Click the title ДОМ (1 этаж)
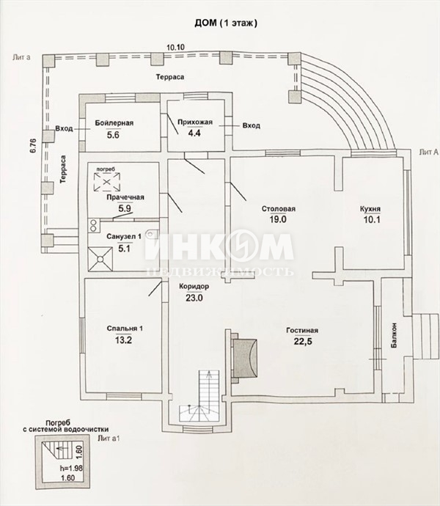[226, 23]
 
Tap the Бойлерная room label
[114, 122]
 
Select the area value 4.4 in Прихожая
[194, 133]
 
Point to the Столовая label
[278, 209]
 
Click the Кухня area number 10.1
[372, 220]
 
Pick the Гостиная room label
[302, 331]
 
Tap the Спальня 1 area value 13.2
[123, 340]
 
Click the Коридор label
[194, 286]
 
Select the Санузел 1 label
[124, 237]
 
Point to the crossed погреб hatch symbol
[107, 182]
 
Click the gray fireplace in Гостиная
[245, 357]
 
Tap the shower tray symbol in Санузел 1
[100, 259]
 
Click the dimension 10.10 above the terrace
[175, 47]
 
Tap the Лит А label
[429, 153]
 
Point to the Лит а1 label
[109, 439]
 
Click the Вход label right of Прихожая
[252, 125]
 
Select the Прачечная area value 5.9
[125, 208]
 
